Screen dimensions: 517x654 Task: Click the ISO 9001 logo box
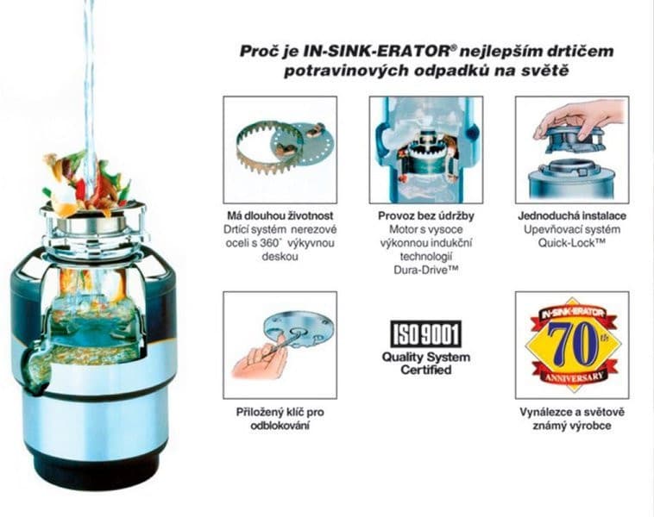pyautogui.click(x=426, y=333)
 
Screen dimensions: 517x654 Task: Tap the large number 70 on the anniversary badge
pyautogui.click(x=571, y=341)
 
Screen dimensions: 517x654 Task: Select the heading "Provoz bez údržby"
pyautogui.click(x=425, y=215)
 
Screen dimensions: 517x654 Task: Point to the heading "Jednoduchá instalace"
pyautogui.click(x=572, y=215)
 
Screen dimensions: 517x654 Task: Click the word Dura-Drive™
pyautogui.click(x=425, y=271)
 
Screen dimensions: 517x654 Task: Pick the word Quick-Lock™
pyautogui.click(x=572, y=243)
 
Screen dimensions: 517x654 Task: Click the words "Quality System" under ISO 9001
pyautogui.click(x=426, y=357)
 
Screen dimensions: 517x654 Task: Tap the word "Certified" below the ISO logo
pyautogui.click(x=426, y=370)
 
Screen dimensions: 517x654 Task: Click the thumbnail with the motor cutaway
pyautogui.click(x=425, y=149)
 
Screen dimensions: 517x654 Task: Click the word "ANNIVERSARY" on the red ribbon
pyautogui.click(x=572, y=377)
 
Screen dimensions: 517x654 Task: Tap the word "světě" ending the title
pyautogui.click(x=547, y=71)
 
